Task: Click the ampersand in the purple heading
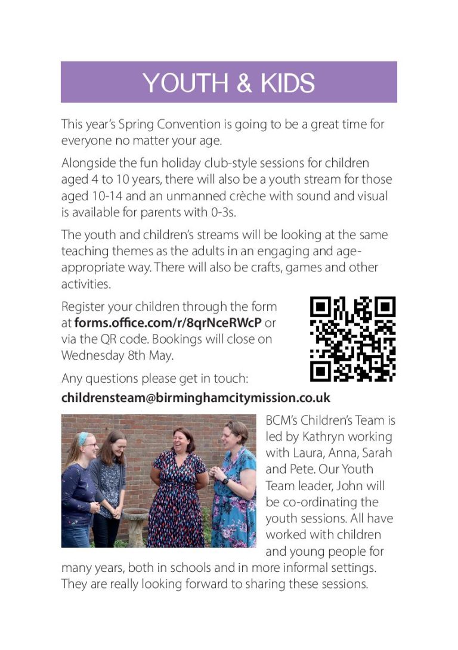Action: pyautogui.click(x=245, y=82)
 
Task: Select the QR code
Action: pyautogui.click(x=352, y=339)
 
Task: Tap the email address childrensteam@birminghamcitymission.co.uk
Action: pyautogui.click(x=196, y=397)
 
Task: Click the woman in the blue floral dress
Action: pyautogui.click(x=235, y=489)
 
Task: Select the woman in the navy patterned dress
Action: pyautogui.click(x=178, y=489)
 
